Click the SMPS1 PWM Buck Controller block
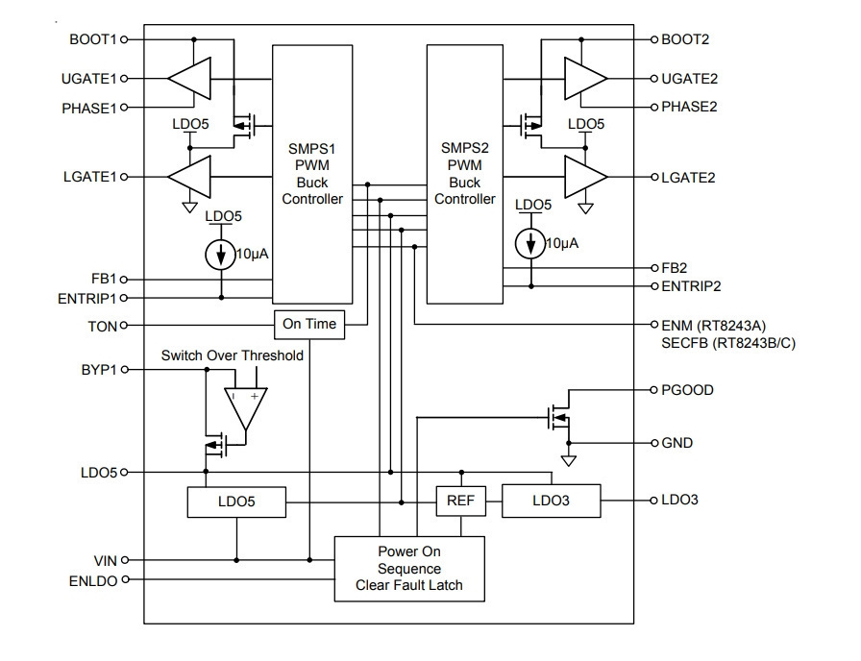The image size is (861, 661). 312,174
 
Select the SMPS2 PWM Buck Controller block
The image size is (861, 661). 464,174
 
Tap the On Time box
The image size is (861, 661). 309,325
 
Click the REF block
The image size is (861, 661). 460,501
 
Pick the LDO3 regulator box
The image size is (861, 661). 552,501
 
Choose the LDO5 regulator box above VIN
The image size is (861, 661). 236,502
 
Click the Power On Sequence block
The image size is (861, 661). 409,569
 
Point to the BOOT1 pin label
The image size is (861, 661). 93,39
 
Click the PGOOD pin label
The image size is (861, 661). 687,390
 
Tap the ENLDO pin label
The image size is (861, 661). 93,581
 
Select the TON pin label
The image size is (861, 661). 103,327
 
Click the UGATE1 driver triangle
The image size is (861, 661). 189,79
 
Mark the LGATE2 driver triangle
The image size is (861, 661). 586,177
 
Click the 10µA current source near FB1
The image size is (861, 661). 221,255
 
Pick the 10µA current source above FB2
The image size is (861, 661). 530,243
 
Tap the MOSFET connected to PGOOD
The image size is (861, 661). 559,418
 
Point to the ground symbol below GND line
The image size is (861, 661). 569,460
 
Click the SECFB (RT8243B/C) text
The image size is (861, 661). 728,343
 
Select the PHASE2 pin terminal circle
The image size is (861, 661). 654,107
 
